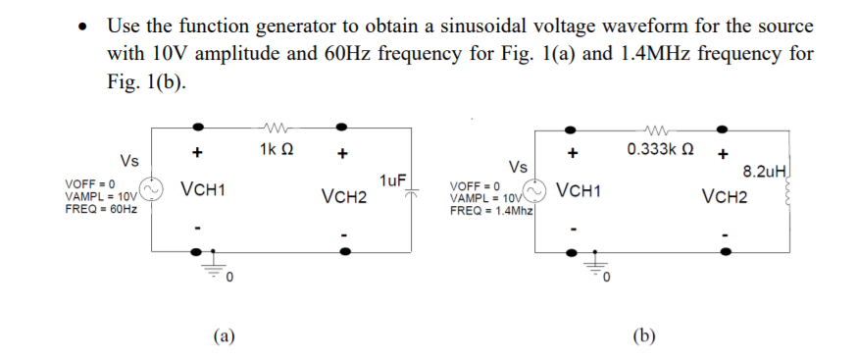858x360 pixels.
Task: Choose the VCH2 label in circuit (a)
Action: (x=343, y=197)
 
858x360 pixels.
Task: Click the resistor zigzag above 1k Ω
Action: (x=274, y=126)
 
